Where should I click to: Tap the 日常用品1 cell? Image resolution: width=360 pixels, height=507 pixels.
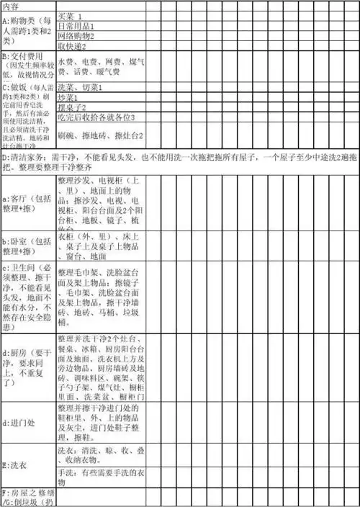point(76,25)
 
